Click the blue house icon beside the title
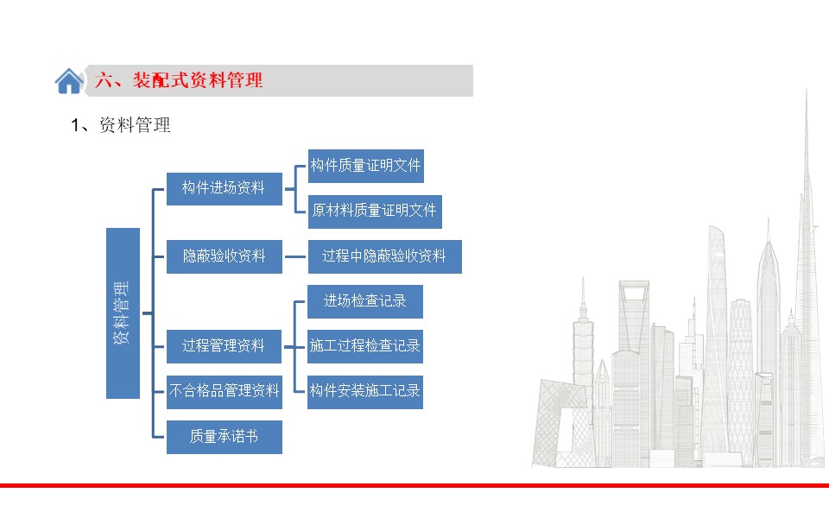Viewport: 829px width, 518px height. pos(69,81)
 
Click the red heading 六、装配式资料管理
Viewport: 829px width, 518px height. pos(179,80)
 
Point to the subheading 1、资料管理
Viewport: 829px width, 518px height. pos(121,125)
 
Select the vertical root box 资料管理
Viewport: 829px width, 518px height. pos(123,313)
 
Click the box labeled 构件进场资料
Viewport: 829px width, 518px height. pos(225,189)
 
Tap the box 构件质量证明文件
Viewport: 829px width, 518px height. pos(366,166)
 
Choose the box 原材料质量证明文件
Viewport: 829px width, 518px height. pos(375,212)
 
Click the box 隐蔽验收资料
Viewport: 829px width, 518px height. pos(225,257)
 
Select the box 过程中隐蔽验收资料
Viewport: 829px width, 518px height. pos(385,257)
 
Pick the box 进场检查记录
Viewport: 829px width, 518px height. pos(365,302)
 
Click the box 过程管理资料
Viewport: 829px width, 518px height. pos(224,347)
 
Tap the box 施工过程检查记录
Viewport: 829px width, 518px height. pos(365,347)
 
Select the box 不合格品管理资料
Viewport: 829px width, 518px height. pos(225,392)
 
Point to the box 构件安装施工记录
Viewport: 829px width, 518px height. pos(365,392)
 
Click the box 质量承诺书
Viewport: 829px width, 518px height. pos(225,437)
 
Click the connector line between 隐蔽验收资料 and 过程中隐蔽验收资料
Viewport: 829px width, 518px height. pos(295,257)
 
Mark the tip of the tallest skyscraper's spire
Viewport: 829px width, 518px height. pos(807,90)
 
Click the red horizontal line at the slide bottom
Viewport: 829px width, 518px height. pos(414,485)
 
